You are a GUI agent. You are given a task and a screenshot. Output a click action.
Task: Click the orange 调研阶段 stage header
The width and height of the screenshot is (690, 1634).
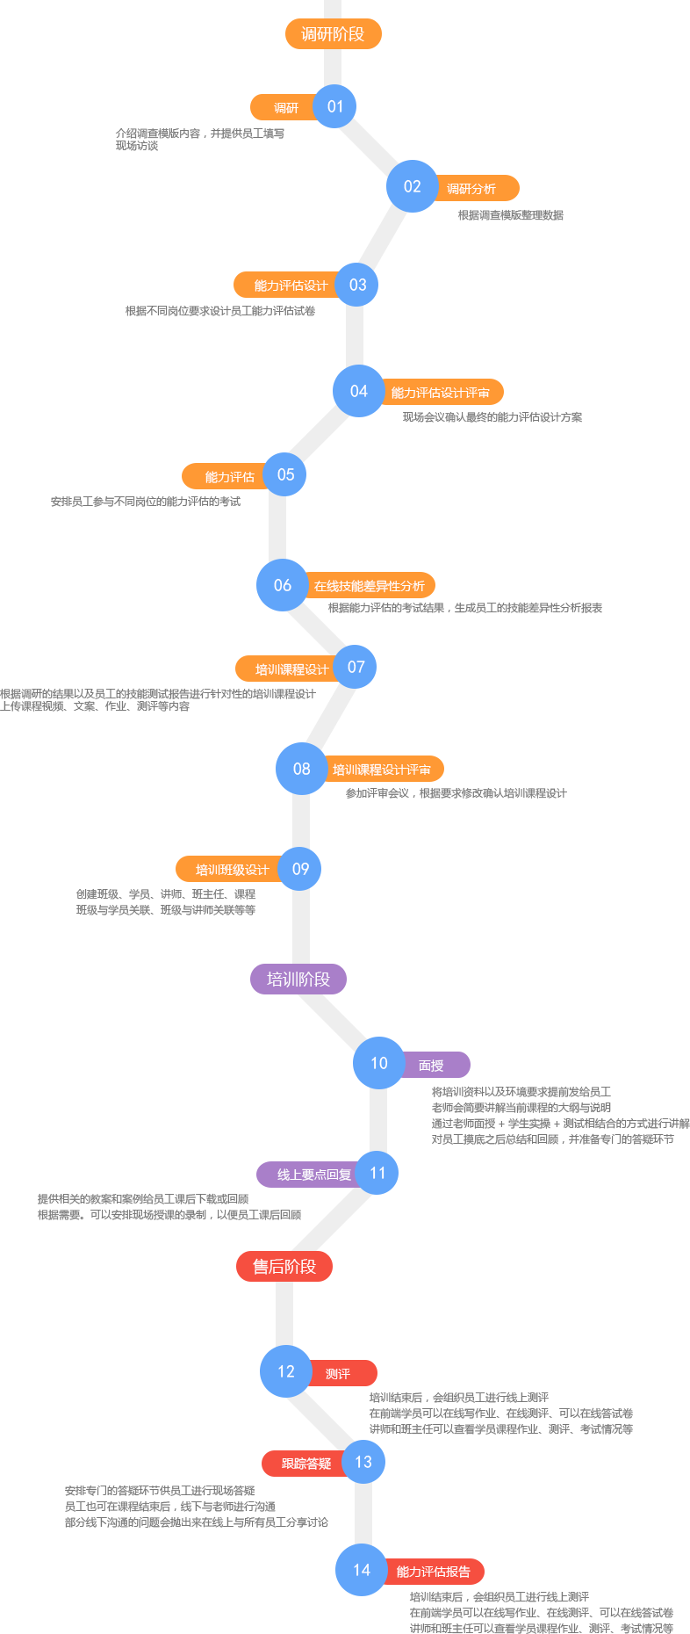click(x=334, y=34)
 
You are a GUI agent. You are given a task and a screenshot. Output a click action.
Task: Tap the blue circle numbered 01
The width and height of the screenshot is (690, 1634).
click(x=334, y=106)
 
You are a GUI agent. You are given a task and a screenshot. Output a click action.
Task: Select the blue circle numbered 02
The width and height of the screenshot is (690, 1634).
click(x=413, y=186)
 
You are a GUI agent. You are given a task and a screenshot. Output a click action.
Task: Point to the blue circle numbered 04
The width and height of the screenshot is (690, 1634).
click(x=359, y=391)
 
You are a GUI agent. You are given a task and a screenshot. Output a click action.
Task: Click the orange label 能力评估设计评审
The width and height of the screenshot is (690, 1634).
click(x=442, y=392)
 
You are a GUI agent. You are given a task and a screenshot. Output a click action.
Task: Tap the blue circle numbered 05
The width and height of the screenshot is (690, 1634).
click(x=285, y=474)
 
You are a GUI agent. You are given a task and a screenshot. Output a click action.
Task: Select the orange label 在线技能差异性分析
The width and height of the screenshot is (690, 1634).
click(x=370, y=585)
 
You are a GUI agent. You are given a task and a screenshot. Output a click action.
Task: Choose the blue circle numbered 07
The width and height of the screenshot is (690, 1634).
click(x=356, y=667)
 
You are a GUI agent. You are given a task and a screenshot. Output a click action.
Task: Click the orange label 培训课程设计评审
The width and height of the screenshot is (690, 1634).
click(x=384, y=769)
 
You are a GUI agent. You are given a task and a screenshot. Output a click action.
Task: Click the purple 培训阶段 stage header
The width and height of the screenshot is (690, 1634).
click(x=298, y=979)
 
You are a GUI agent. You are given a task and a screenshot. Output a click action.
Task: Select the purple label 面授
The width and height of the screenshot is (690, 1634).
click(x=435, y=1065)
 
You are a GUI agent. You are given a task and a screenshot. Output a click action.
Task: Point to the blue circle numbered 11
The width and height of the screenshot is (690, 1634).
click(x=377, y=1173)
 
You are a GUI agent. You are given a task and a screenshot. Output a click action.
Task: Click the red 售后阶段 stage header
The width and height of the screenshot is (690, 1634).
click(x=284, y=1266)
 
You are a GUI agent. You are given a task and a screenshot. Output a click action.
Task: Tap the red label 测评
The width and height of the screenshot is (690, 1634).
click(x=341, y=1373)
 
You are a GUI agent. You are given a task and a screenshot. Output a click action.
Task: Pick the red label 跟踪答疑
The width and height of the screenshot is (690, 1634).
click(x=304, y=1464)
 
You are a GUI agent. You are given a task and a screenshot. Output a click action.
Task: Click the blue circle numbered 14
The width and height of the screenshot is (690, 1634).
click(x=362, y=1570)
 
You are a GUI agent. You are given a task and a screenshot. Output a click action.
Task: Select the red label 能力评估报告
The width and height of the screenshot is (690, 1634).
click(x=434, y=1572)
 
